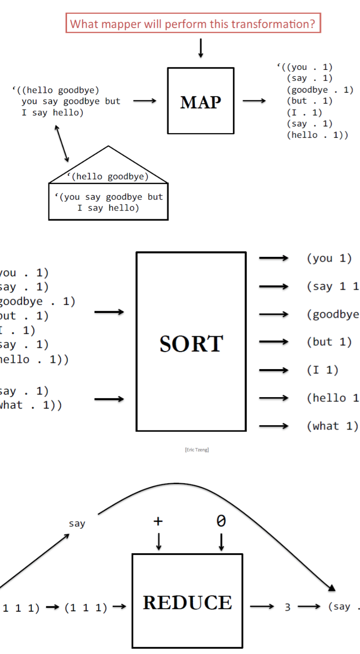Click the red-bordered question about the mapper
coord(193,23)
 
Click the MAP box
coord(200,101)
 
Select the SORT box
coord(191,342)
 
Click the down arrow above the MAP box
coord(201,48)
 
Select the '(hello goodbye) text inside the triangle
coord(108,177)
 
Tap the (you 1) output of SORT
coord(329,258)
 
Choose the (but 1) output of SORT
coord(329,342)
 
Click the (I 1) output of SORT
coord(322,370)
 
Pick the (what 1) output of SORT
coord(332,426)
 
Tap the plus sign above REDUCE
coord(158,521)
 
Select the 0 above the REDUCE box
coord(221,521)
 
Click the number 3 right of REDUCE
coord(287,607)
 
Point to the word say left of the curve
coord(77,524)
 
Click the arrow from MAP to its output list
coord(254,101)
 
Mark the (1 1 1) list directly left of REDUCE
coord(86,608)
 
